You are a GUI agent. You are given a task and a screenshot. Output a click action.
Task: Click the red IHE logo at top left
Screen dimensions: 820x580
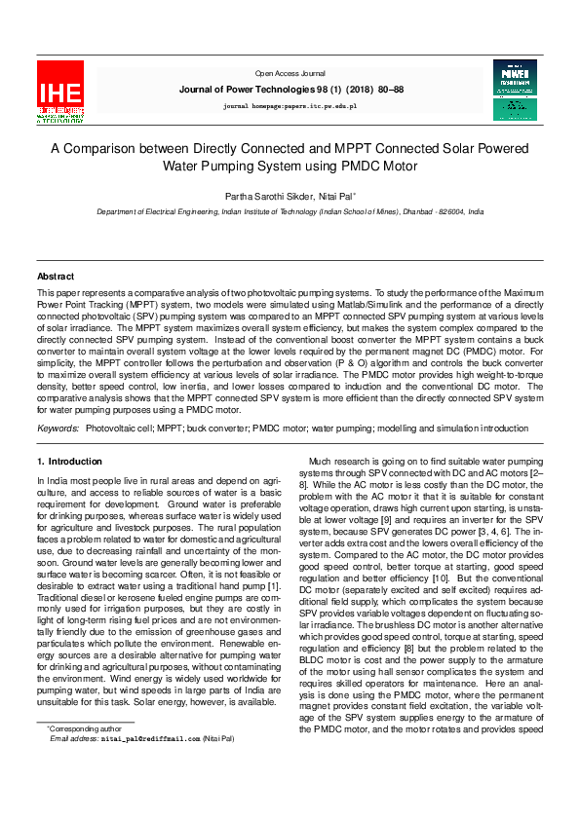[x=60, y=92]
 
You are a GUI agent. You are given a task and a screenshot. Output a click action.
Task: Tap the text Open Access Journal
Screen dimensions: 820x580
[x=290, y=73]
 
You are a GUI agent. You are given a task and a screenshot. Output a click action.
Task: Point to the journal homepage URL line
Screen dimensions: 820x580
[x=290, y=104]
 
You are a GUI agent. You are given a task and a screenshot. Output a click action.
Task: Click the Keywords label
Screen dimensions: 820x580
[x=58, y=428]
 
